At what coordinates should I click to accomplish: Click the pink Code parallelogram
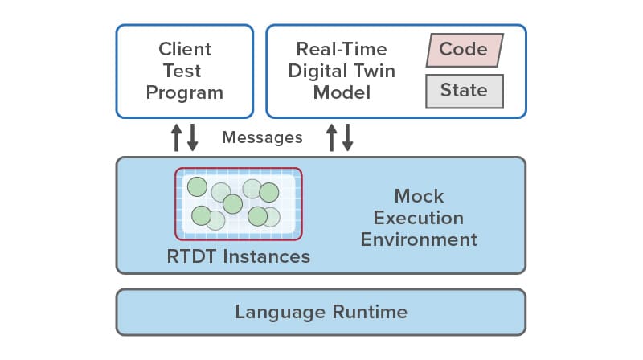(x=465, y=50)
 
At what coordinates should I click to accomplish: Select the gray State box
(x=465, y=91)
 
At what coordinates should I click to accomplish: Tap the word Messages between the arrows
(x=263, y=137)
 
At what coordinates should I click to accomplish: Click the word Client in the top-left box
(x=185, y=49)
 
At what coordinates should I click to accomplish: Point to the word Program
(x=185, y=93)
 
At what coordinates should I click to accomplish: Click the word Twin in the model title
(x=375, y=71)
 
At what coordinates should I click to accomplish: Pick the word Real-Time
(x=342, y=49)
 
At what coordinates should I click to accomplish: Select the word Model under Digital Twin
(x=342, y=92)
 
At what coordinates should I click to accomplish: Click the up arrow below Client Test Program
(x=177, y=137)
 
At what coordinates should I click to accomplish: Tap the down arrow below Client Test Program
(x=193, y=137)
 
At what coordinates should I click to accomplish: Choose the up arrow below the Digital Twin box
(x=332, y=137)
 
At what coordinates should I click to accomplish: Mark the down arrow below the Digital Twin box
(x=348, y=137)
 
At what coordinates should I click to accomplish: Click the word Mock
(x=419, y=196)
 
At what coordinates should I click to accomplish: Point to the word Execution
(x=419, y=218)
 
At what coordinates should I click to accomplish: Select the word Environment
(x=419, y=239)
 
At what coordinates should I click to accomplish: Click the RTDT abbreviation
(x=191, y=256)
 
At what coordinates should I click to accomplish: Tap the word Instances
(x=267, y=256)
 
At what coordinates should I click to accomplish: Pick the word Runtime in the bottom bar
(x=370, y=312)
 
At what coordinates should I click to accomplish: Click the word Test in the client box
(x=182, y=71)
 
